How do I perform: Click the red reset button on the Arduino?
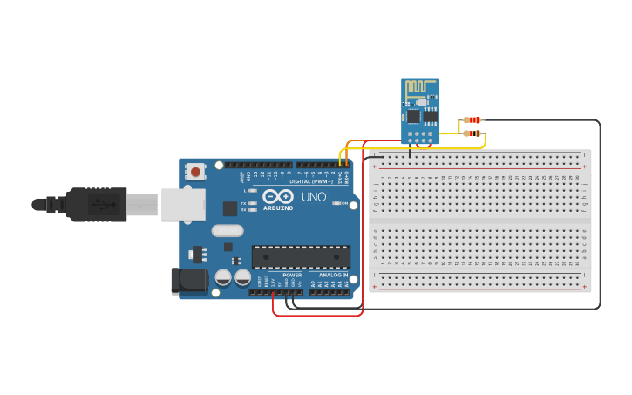point(195,172)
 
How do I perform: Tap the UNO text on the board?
point(314,197)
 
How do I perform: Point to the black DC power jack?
point(189,280)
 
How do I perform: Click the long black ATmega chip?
point(301,257)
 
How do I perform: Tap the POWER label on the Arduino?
point(292,275)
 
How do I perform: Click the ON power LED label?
point(344,204)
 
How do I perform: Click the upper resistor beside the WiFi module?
point(472,119)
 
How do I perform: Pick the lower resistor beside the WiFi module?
point(472,133)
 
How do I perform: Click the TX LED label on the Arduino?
point(243,203)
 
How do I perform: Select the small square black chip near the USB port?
point(230,208)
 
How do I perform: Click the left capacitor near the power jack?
point(223,278)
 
